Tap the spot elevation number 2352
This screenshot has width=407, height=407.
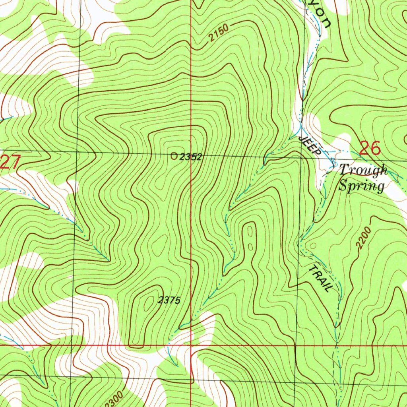pos(190,157)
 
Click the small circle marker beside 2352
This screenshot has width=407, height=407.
pos(174,156)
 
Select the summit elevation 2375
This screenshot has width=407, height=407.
pos(169,301)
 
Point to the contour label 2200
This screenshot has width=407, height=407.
pos(364,238)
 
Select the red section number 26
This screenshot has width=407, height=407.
pos(370,148)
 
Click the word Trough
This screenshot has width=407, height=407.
pos(363,170)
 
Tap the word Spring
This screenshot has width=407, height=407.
pos(361,186)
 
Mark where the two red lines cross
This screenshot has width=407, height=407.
pos(191,345)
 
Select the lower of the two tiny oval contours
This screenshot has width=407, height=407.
pos(251,246)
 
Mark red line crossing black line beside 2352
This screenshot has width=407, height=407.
pos(191,155)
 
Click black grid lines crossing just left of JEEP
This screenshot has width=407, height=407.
pos(301,157)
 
